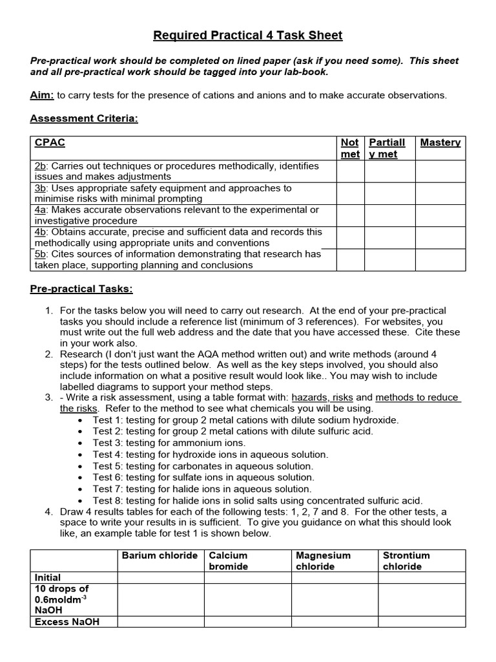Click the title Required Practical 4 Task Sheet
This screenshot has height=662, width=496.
pos(247,36)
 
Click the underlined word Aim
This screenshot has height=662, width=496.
pos(42,95)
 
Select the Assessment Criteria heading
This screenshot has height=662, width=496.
pos(85,120)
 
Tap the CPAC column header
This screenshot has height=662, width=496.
pos(50,143)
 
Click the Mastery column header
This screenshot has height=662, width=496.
pos(440,143)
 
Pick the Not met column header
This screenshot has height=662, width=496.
pos(349,148)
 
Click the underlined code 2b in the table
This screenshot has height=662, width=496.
pos(40,166)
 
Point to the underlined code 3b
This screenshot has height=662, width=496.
pos(40,188)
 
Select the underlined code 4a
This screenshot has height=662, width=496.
pos(40,210)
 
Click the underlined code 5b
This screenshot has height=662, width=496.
pos(40,254)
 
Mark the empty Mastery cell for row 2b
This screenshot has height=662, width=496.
pos(440,171)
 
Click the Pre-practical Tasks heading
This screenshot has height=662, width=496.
pos(81,288)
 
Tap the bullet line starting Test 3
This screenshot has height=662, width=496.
pos(169,443)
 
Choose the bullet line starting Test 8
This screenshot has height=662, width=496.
pos(257,500)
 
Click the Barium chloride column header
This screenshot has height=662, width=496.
pos(160,555)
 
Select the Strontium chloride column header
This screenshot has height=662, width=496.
pos(406,561)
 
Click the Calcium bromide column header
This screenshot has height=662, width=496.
pos(228,561)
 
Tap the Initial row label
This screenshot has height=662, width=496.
pos(48,577)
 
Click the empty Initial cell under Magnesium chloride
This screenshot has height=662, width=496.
pos(334,577)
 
